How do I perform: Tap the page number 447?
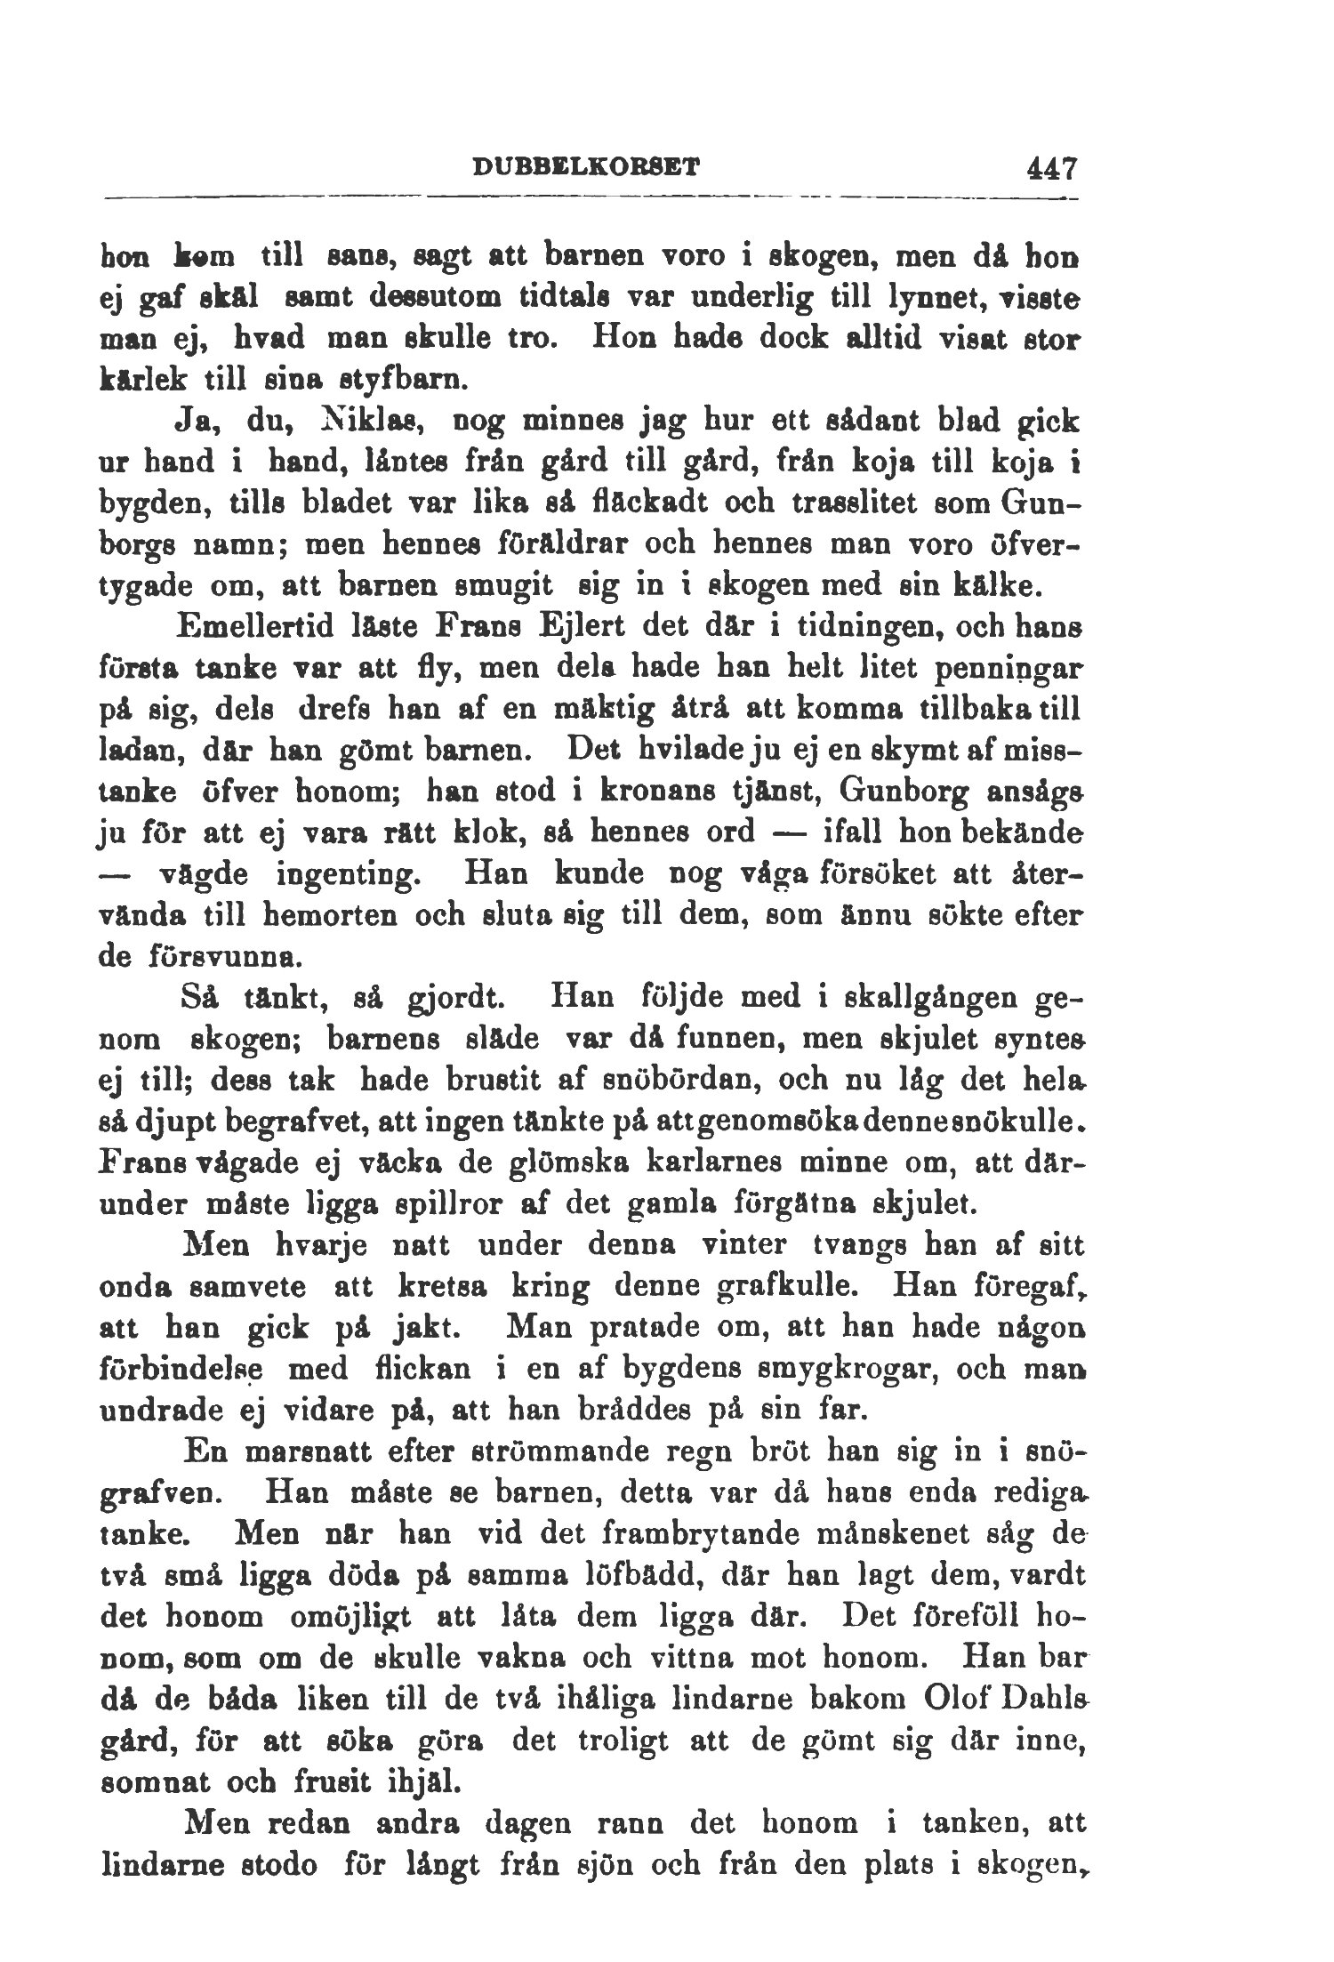1050,166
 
